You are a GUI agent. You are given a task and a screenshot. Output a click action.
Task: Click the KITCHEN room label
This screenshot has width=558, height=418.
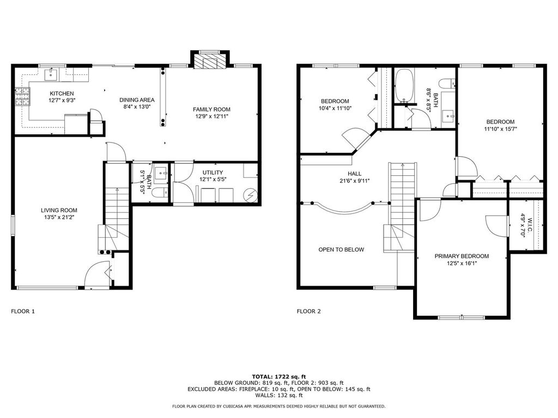[x=62, y=94]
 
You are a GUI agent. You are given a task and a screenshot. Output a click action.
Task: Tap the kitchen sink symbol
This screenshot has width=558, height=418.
[x=51, y=75]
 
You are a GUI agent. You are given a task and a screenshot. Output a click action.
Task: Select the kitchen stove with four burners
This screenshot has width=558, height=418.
[x=22, y=97]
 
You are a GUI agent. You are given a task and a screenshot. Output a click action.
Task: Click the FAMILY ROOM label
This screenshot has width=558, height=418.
[x=211, y=109]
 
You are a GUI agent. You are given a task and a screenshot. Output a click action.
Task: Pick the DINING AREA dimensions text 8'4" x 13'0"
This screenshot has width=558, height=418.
[x=137, y=107]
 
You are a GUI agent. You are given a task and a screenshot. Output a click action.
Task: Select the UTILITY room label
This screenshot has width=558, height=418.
[x=213, y=173]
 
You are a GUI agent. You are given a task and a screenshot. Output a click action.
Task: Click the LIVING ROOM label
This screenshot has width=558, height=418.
[x=59, y=211]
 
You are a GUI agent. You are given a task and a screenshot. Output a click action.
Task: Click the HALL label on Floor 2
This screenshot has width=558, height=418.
[x=354, y=174]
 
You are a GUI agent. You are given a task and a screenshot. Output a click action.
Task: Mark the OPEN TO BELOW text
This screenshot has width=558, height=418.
[x=341, y=249]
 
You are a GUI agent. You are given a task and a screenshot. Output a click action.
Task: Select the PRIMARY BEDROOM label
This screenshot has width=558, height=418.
[x=462, y=256]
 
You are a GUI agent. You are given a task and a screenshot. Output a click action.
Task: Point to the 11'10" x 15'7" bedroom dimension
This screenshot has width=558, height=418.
[x=500, y=129]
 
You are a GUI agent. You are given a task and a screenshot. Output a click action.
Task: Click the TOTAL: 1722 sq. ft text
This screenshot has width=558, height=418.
[x=279, y=377]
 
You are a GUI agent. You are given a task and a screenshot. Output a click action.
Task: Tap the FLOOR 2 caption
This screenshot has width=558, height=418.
[x=308, y=311]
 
